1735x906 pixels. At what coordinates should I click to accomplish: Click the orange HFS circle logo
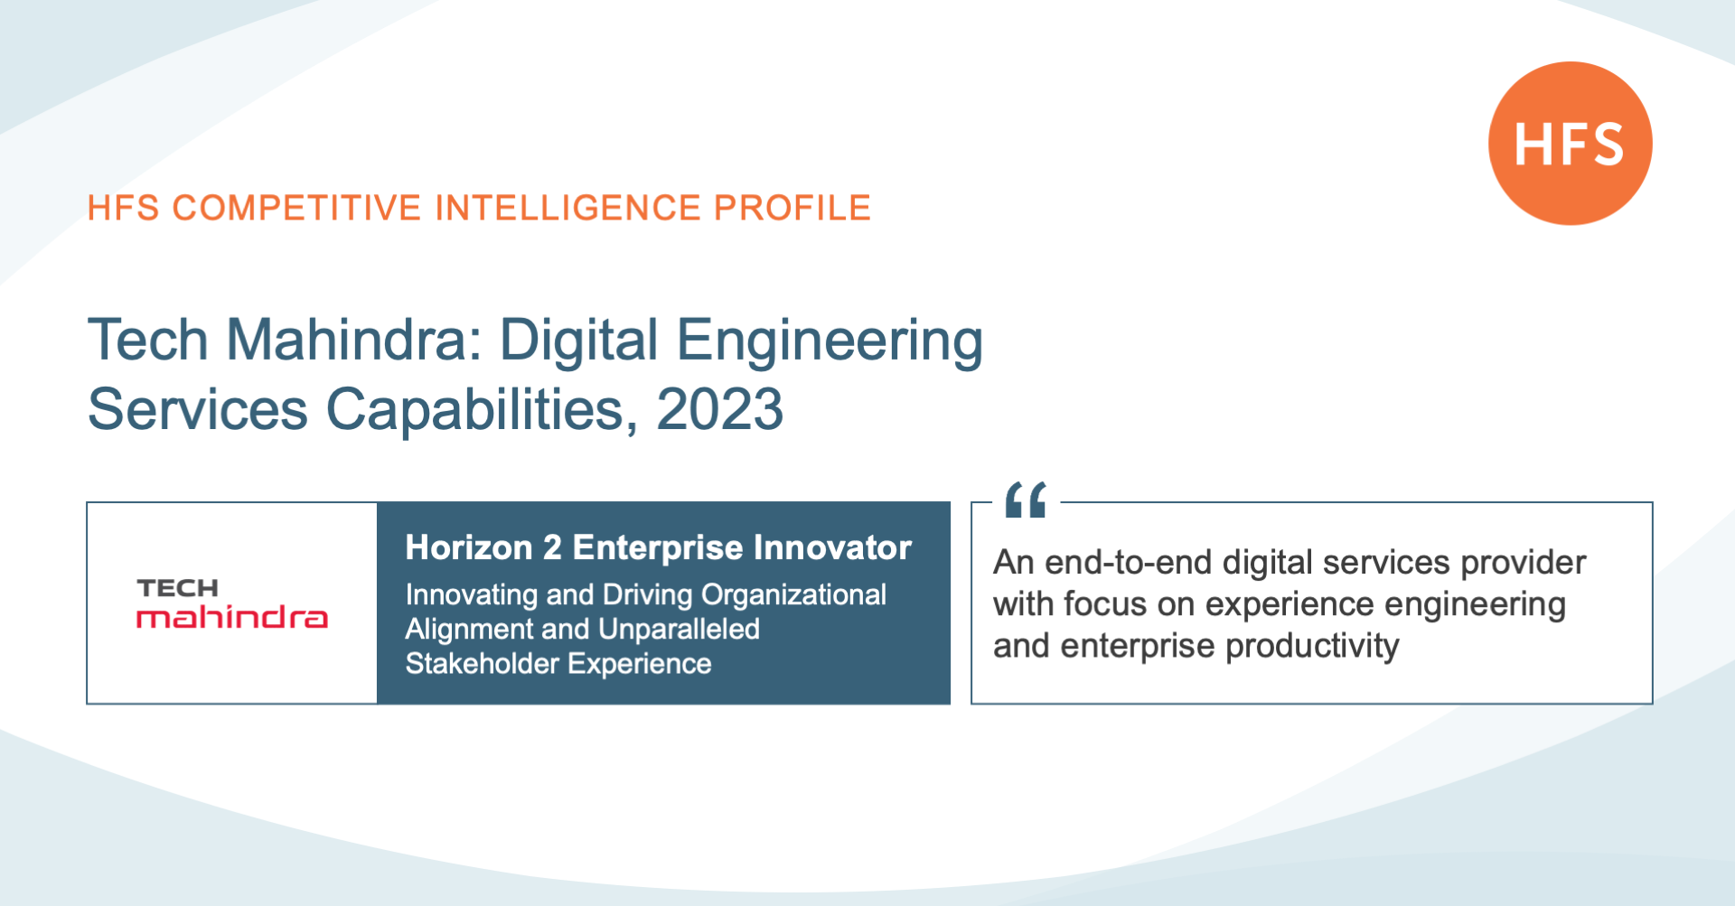click(1571, 144)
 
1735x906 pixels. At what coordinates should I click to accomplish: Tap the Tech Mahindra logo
click(232, 602)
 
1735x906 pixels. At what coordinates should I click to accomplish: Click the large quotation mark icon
click(1026, 500)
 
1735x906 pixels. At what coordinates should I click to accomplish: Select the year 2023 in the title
click(719, 409)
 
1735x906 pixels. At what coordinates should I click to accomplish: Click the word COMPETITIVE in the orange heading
click(296, 208)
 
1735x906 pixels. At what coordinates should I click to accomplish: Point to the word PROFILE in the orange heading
click(792, 208)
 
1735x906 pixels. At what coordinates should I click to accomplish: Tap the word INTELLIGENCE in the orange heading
click(567, 208)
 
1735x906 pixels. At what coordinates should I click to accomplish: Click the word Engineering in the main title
click(830, 341)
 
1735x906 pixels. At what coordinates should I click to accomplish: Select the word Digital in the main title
click(579, 341)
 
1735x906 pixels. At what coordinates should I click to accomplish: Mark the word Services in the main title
click(198, 409)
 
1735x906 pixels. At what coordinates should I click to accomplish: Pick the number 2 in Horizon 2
click(552, 547)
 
